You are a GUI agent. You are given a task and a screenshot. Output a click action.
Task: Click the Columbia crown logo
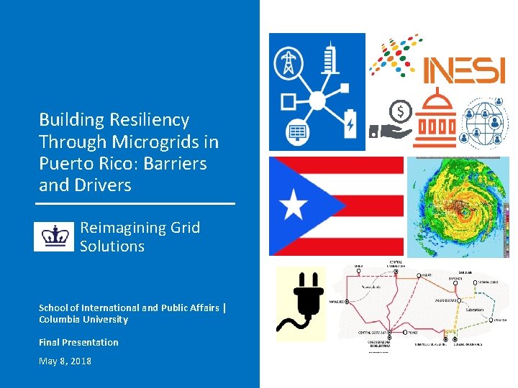point(54,236)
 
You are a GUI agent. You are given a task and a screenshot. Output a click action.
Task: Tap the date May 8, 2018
point(65,361)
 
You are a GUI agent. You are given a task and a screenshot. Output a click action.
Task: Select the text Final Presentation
point(78,342)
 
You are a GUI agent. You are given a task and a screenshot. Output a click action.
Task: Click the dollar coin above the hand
point(399,111)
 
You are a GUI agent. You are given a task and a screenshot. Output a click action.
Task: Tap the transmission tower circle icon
point(289,62)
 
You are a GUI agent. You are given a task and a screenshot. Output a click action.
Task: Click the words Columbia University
point(83,320)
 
